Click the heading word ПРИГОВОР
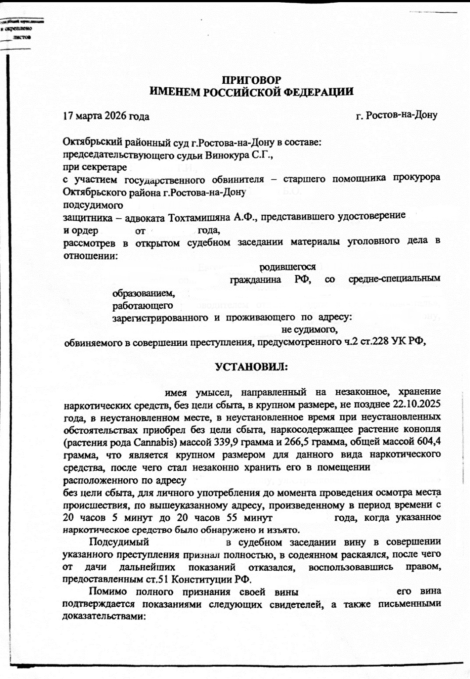coord(251,80)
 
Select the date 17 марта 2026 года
coord(106,116)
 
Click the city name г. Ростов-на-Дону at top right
coord(396,115)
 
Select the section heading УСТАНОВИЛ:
coord(252,367)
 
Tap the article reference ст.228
coord(372,342)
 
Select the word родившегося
coord(288,267)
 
